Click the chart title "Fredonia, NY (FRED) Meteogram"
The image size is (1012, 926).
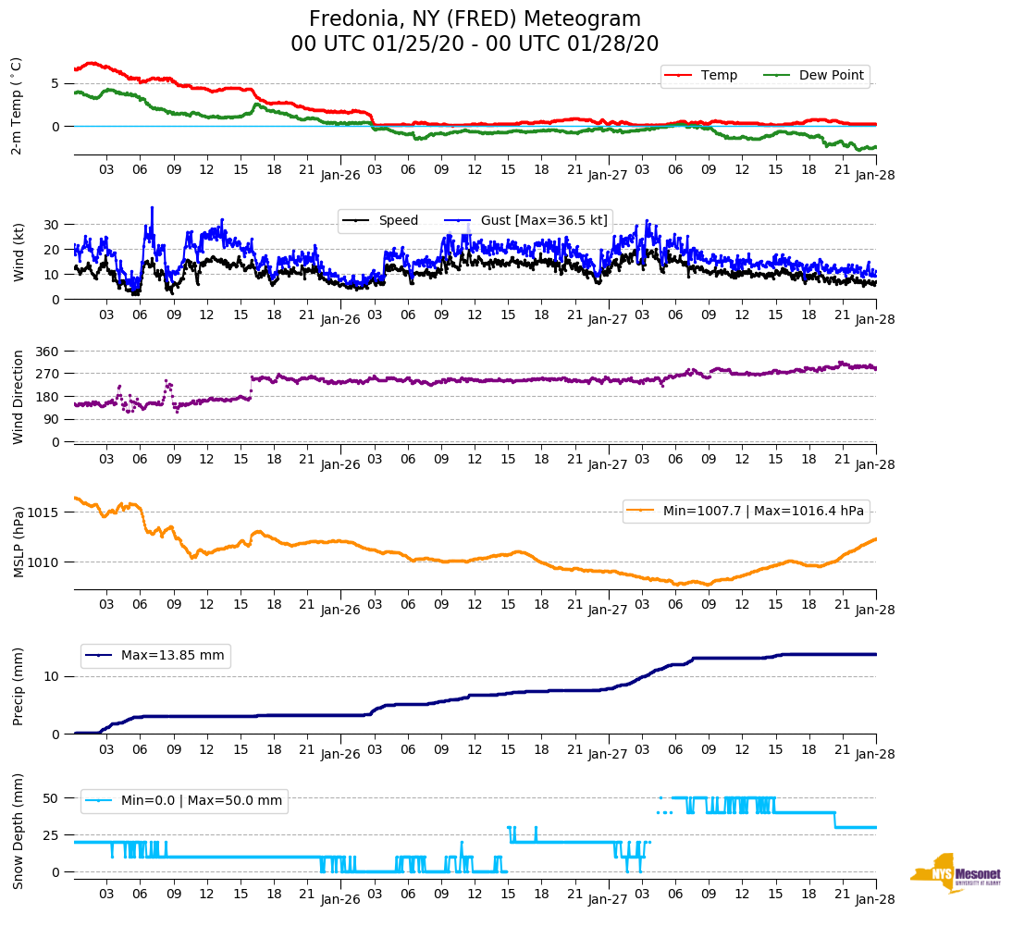[x=475, y=19]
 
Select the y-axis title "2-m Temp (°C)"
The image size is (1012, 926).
[x=17, y=105]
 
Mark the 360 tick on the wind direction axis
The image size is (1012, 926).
[x=48, y=352]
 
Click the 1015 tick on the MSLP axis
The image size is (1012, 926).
[x=44, y=512]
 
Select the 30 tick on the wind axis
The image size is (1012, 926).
[x=52, y=225]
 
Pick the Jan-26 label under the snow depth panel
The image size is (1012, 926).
[x=340, y=898]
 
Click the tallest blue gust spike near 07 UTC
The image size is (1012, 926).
[x=152, y=209]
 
